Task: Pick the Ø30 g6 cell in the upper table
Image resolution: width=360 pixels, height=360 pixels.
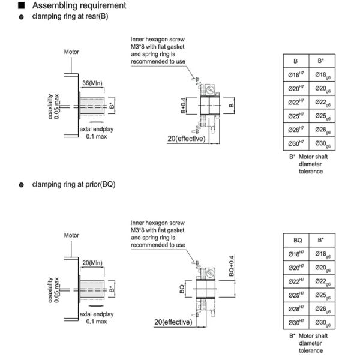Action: click(x=322, y=144)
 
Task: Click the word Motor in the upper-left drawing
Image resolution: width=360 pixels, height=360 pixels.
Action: click(x=72, y=52)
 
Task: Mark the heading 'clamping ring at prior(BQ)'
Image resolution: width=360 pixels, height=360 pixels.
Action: click(x=74, y=184)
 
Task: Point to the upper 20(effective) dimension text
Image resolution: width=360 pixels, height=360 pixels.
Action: click(x=187, y=139)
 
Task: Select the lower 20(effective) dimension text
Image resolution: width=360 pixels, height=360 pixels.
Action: click(x=174, y=322)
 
